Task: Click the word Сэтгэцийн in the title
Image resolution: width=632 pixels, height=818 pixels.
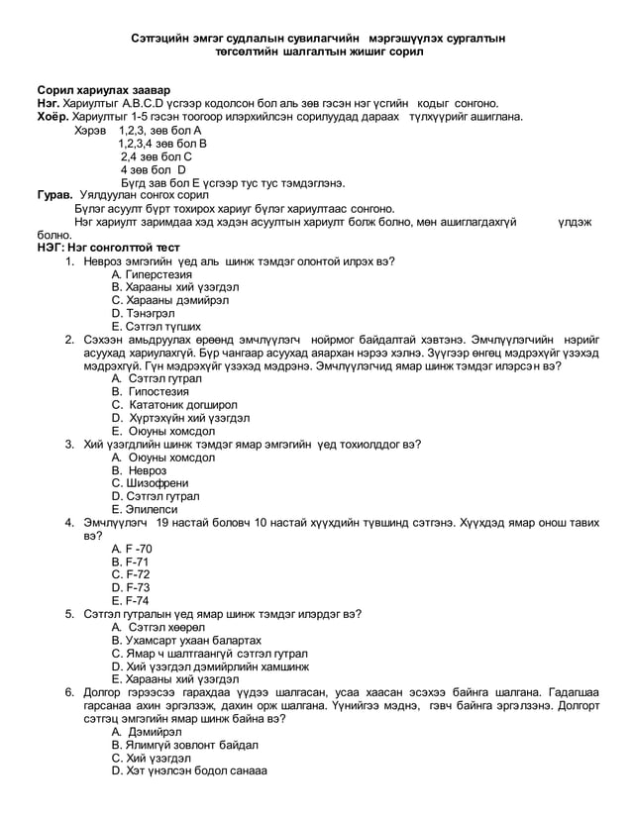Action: (164, 37)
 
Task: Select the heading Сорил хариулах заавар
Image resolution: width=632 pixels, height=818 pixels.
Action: (97, 90)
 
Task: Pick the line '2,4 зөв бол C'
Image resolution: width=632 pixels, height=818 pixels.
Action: (156, 156)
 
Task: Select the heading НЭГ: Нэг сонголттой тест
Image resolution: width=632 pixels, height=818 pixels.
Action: (95, 248)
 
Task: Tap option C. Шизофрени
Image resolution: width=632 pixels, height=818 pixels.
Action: (151, 483)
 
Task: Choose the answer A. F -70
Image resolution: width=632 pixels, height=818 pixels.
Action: (133, 548)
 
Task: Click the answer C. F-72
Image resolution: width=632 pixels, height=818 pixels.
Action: (131, 573)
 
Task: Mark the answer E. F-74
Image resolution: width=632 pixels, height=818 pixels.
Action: (131, 600)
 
